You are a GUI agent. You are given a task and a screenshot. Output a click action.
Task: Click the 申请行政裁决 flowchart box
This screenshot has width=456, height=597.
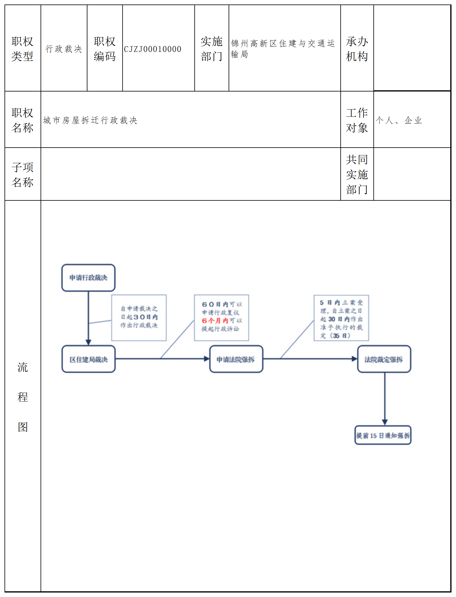[88, 278]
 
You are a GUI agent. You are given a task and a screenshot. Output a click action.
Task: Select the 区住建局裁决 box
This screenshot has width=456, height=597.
[88, 359]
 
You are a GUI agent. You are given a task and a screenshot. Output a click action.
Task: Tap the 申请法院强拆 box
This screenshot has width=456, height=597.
[236, 359]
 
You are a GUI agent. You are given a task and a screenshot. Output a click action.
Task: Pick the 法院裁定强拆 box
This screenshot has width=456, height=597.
[384, 359]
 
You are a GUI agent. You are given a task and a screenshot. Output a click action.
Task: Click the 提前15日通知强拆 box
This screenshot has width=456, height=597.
[383, 435]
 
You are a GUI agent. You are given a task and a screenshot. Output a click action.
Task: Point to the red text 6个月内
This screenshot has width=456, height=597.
[215, 321]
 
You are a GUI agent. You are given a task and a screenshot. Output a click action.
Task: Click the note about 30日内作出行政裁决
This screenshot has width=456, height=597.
[139, 317]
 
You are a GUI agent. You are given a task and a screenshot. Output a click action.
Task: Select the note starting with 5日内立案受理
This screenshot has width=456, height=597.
[341, 318]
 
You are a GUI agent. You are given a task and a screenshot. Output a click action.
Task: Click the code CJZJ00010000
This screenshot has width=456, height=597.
[153, 49]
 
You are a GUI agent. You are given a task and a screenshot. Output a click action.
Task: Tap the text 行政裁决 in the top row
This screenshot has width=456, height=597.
[64, 49]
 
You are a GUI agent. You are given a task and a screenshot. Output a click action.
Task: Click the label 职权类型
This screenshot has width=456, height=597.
[23, 49]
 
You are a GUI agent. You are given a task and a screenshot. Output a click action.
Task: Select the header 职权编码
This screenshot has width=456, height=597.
[105, 49]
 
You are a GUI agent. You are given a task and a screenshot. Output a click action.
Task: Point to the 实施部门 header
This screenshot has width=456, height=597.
[211, 49]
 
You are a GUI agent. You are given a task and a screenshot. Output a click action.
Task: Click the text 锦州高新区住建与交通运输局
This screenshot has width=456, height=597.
[283, 49]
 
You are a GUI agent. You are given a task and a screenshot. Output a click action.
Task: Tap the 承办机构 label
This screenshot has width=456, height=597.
[357, 49]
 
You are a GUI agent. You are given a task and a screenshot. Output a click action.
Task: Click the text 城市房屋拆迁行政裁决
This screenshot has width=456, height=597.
[90, 120]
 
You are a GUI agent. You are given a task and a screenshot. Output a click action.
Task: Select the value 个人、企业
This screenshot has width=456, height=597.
[399, 120]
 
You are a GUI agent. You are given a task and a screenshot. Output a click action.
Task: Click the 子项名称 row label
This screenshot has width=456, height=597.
[23, 175]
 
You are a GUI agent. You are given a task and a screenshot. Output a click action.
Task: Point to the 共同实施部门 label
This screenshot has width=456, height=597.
[357, 174]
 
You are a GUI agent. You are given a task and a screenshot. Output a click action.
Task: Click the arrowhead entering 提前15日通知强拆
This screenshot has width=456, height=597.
[385, 422]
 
